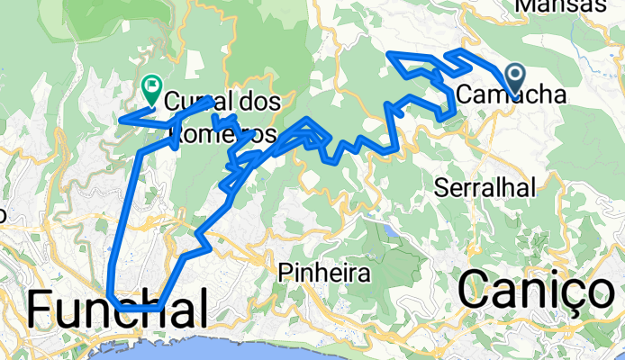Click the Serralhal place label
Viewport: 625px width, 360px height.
[x=485, y=187]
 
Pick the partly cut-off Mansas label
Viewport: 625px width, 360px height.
[x=573, y=5]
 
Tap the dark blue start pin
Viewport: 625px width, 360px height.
[x=517, y=78]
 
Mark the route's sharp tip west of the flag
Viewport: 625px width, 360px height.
[x=123, y=118]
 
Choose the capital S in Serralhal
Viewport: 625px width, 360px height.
[x=441, y=187]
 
